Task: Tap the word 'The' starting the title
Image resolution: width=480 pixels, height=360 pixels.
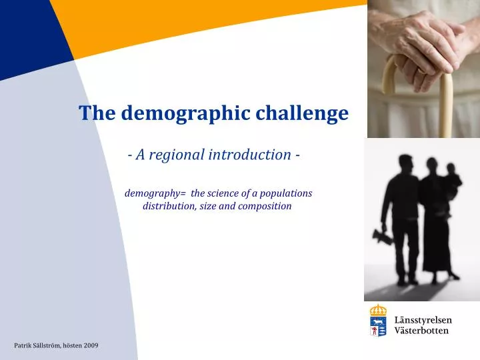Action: (94, 113)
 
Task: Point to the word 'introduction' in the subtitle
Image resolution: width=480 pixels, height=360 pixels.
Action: (249, 155)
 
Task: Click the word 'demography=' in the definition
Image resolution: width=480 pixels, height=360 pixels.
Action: (155, 193)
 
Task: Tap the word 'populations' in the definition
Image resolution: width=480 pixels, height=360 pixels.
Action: (287, 193)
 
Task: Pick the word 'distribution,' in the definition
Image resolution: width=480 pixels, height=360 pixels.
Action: (168, 206)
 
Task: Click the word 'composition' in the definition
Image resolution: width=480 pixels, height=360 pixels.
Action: (266, 206)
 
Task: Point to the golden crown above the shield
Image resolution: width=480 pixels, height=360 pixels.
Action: (378, 310)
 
